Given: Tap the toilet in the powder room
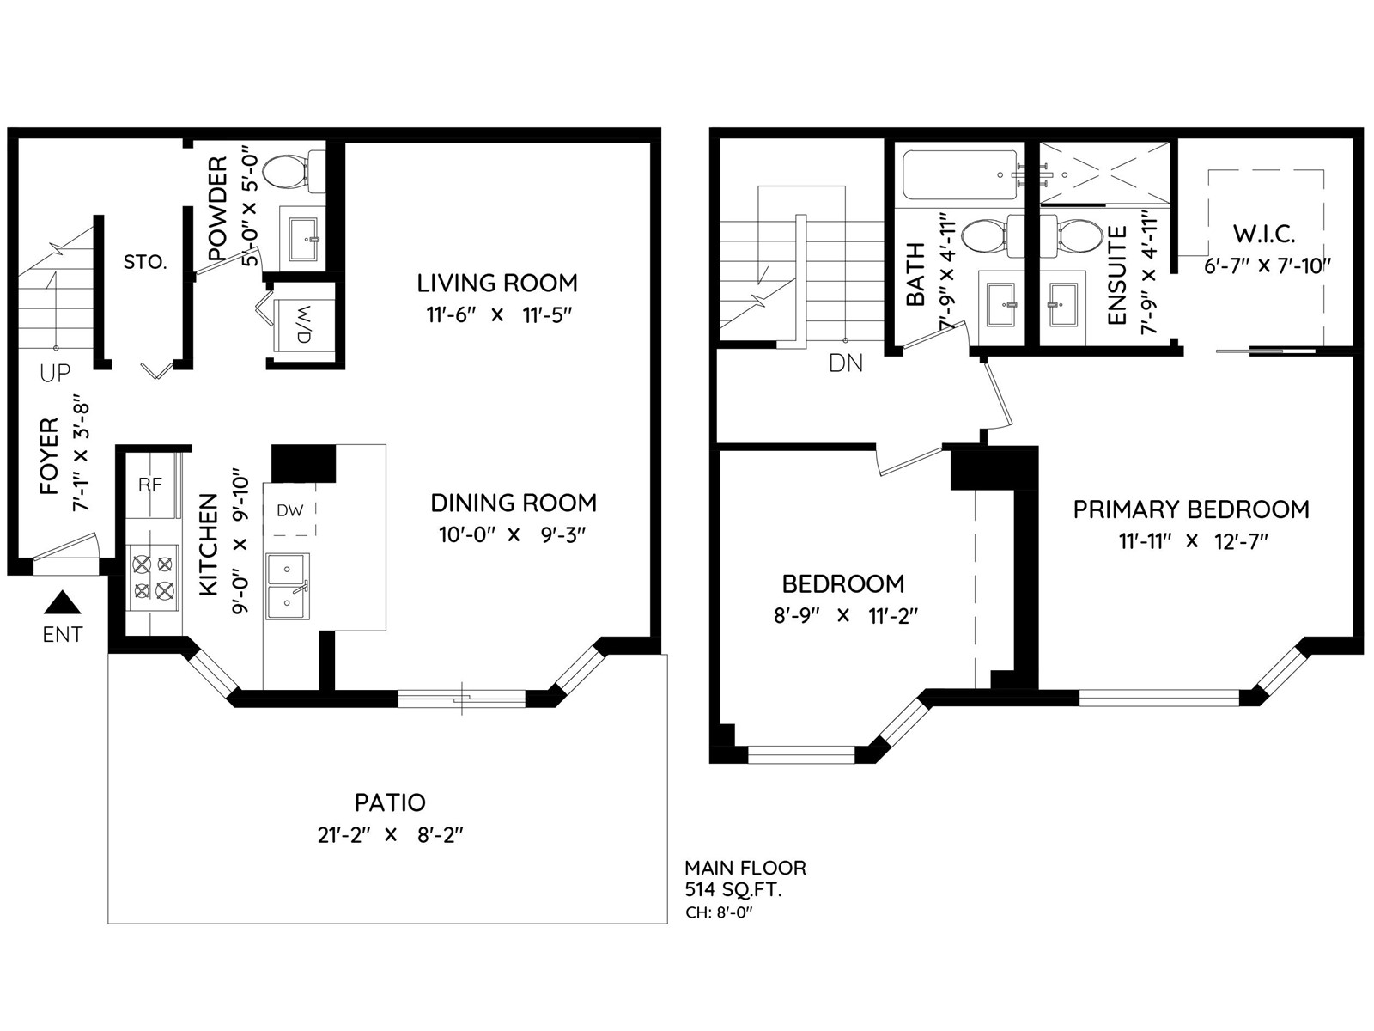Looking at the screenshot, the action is (x=293, y=172).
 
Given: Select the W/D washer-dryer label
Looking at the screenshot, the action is (x=304, y=324).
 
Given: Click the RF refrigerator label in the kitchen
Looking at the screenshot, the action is (x=150, y=485).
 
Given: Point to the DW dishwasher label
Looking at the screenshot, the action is (x=289, y=510).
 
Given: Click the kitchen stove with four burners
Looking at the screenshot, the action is (x=154, y=577).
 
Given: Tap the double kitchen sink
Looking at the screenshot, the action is (x=288, y=587).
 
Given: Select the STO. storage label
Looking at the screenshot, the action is (x=145, y=262).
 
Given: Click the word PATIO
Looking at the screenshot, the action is (x=390, y=802).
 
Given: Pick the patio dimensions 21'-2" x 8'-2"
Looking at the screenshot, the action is (x=390, y=835).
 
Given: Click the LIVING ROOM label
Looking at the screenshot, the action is (x=497, y=283).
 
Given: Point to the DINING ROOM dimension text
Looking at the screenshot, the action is (x=513, y=535).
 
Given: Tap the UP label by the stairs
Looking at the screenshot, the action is (x=55, y=373).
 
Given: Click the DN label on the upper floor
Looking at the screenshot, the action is (x=846, y=363).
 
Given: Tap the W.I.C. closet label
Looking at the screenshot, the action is (x=1264, y=234).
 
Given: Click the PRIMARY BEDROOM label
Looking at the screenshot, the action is (x=1191, y=509).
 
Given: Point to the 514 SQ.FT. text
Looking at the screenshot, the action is (x=733, y=889).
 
